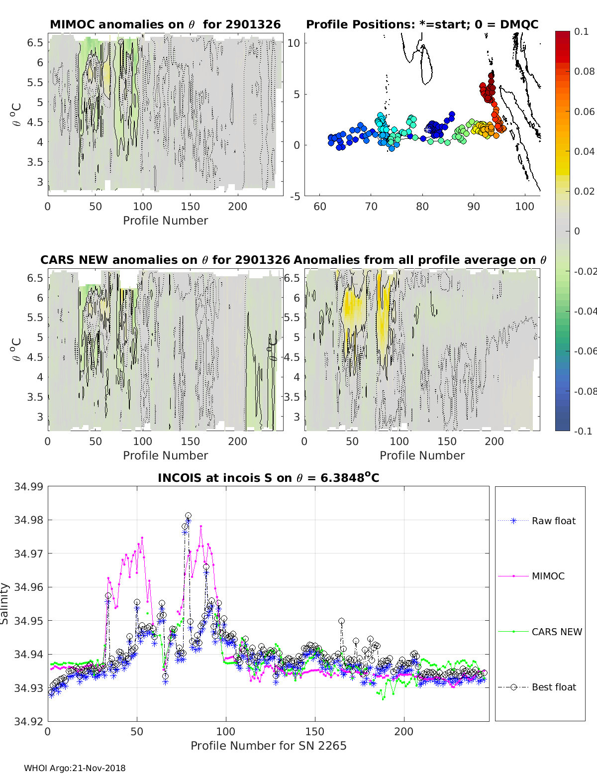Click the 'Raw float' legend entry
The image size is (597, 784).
[553, 521]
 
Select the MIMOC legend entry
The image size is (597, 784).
[548, 576]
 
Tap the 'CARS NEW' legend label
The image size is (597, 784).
[557, 632]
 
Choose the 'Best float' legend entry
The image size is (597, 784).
[554, 687]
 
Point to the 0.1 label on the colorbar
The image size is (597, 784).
[581, 31]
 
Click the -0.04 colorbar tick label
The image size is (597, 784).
[585, 311]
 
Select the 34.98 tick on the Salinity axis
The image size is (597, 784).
[28, 520]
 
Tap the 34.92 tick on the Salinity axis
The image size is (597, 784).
[28, 721]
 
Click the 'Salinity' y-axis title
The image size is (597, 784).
[5, 603]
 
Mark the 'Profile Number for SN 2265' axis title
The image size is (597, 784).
[268, 746]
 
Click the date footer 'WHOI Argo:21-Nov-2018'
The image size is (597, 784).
[75, 768]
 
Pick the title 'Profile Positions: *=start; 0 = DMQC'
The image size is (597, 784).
[422, 24]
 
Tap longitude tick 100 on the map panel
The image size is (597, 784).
[524, 206]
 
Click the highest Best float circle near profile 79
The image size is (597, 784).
[188, 516]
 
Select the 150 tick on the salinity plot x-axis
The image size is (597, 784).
[314, 731]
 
